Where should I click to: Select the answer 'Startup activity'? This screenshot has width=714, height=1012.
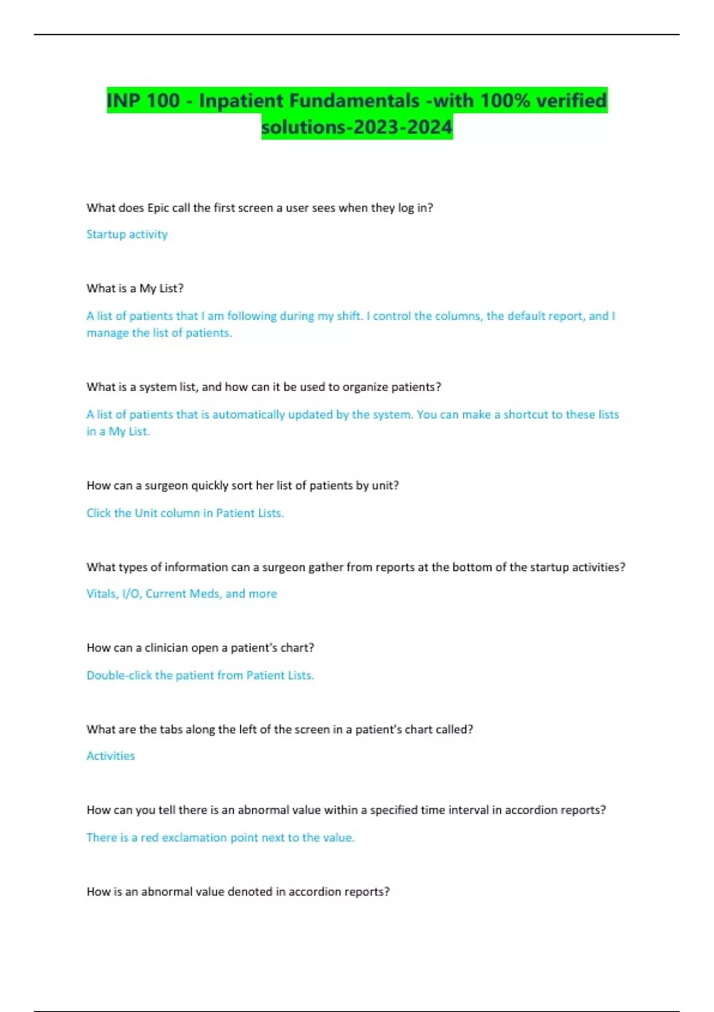(127, 234)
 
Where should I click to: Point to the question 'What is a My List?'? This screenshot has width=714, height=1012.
(135, 289)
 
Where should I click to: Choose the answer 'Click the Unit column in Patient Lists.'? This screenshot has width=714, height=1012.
(185, 513)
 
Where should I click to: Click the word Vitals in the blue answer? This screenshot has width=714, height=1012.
(101, 594)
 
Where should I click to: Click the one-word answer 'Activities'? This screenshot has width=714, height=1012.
(111, 756)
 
